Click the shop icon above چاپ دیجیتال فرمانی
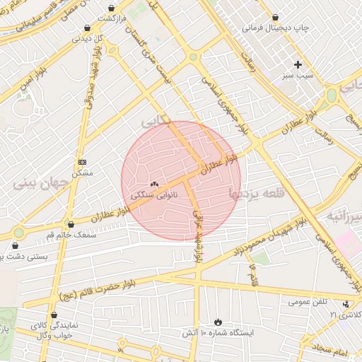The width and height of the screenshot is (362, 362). click(x=275, y=16)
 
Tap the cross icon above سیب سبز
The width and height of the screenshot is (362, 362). click(x=298, y=64)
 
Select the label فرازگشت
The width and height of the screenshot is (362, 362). click(x=112, y=17)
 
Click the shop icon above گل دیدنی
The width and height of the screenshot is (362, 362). click(x=87, y=28)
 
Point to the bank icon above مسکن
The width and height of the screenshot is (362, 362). click(x=82, y=161)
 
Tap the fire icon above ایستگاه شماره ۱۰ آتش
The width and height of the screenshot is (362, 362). click(x=217, y=322)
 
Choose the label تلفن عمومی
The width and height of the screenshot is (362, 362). click(x=308, y=302)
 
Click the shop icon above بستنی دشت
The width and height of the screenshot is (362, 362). click(x=15, y=245)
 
